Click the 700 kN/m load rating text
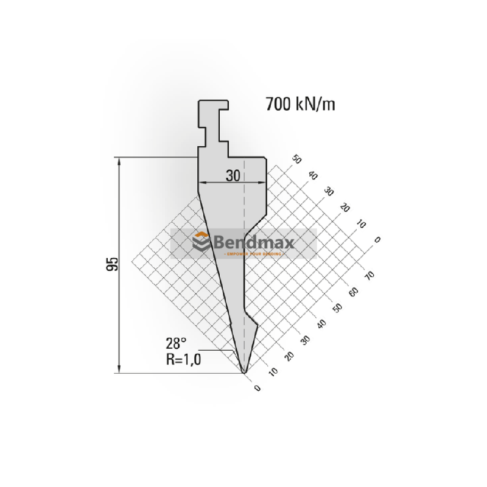(300, 104)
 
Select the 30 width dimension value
(232, 175)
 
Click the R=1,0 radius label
(183, 358)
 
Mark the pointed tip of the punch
(244, 371)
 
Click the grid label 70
(369, 275)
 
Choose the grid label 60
(354, 291)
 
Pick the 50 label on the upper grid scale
(298, 159)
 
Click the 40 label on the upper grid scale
(314, 175)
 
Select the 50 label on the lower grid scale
(338, 307)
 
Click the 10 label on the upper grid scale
(360, 223)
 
